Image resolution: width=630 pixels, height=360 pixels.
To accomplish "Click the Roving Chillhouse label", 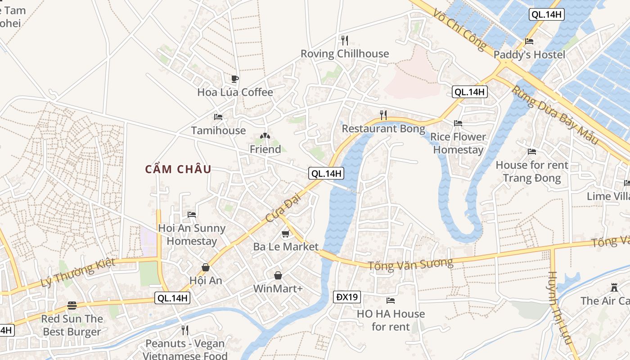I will pyautogui.click(x=345, y=54).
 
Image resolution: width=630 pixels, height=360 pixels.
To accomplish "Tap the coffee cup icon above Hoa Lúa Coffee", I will pyautogui.click(x=234, y=79).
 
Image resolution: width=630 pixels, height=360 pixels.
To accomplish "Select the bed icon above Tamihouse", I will pyautogui.click(x=218, y=117).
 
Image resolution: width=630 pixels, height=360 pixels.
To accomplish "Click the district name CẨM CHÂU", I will pyautogui.click(x=178, y=170).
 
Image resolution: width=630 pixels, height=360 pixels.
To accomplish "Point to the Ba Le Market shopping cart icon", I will pyautogui.click(x=285, y=234).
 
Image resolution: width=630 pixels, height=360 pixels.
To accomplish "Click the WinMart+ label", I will pyautogui.click(x=278, y=288).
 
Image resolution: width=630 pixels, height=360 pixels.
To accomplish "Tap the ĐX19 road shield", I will pyautogui.click(x=347, y=297).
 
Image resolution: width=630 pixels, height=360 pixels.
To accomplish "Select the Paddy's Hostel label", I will pyautogui.click(x=529, y=55).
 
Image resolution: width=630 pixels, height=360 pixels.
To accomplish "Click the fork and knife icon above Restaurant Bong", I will pyautogui.click(x=383, y=115).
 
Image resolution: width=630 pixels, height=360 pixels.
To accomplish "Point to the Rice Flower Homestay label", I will pyautogui.click(x=458, y=144).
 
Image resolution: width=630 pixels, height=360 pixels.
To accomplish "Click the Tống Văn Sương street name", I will pyautogui.click(x=410, y=264).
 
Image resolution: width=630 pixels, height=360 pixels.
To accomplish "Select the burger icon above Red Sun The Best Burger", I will pyautogui.click(x=72, y=306).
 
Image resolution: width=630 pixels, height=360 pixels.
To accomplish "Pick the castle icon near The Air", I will pyautogui.click(x=614, y=288).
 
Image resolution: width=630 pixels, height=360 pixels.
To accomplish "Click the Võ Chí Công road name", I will pyautogui.click(x=460, y=30).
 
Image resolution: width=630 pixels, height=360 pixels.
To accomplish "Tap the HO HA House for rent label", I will pyautogui.click(x=391, y=320).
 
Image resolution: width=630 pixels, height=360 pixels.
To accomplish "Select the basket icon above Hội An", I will pyautogui.click(x=206, y=267).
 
